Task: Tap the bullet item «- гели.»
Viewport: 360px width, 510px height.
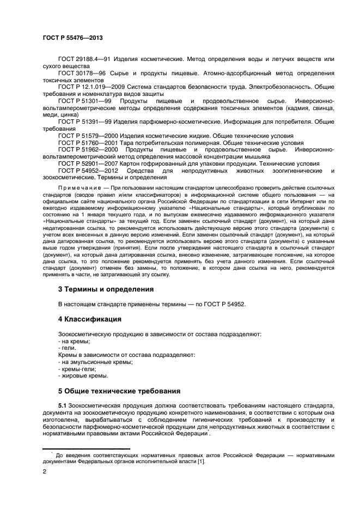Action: (67, 348)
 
